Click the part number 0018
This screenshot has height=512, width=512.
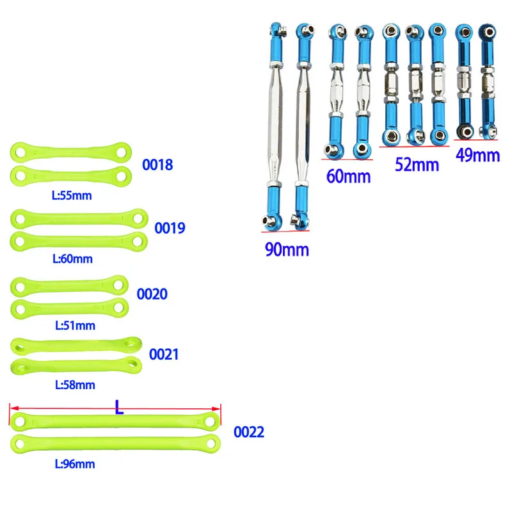(x=157, y=164)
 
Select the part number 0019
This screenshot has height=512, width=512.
(x=170, y=227)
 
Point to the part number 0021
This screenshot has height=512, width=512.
(x=164, y=354)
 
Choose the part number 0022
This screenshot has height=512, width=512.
(x=248, y=432)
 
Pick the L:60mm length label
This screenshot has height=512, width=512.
(x=72, y=259)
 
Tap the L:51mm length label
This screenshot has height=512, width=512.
(x=74, y=325)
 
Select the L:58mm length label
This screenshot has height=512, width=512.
(x=74, y=385)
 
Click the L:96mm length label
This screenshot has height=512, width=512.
(x=74, y=464)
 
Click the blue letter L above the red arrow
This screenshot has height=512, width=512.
(x=119, y=406)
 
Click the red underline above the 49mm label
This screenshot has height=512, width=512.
(x=477, y=140)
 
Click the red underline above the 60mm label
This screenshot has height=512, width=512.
(x=346, y=159)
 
